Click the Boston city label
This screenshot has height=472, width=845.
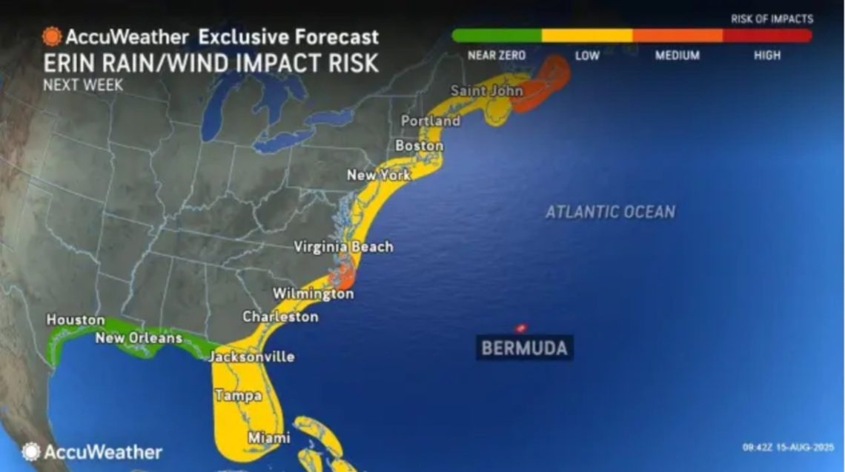click(419, 146)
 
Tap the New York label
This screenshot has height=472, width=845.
click(378, 176)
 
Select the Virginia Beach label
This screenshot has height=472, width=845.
click(343, 247)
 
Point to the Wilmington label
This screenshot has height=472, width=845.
click(313, 294)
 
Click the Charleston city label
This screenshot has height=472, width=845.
click(280, 316)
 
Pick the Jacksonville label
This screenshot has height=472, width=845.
click(251, 356)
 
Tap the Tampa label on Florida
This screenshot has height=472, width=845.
click(238, 396)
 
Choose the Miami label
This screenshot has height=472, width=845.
click(268, 438)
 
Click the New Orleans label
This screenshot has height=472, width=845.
click(139, 338)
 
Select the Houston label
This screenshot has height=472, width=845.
click(76, 319)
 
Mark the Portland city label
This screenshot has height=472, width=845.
click(430, 121)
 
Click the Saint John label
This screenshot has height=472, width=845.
click(486, 90)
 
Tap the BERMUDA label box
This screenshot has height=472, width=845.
click(524, 348)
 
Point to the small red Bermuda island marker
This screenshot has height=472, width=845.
click(520, 328)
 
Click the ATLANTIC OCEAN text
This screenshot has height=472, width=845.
click(610, 212)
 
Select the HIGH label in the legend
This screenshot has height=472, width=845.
click(766, 56)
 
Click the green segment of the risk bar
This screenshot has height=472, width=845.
click(497, 35)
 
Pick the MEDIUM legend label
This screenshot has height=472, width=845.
click(677, 56)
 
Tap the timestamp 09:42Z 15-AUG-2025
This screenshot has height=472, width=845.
click(788, 448)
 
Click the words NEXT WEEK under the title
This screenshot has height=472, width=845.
click(83, 84)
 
